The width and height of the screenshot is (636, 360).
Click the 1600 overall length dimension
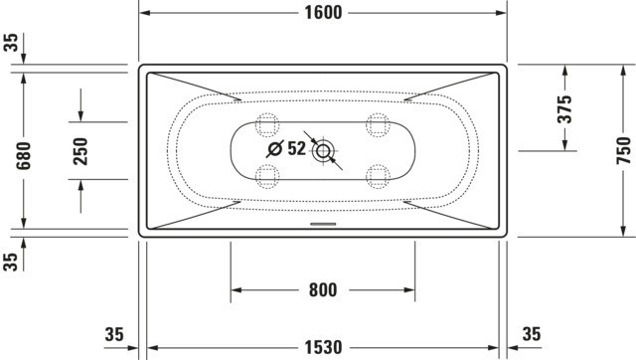323,13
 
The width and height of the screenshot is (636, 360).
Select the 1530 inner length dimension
323,347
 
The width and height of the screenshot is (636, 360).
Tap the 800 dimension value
323,289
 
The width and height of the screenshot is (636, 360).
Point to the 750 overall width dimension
624,150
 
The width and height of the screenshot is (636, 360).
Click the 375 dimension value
564,109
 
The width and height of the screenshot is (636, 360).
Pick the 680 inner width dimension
23,156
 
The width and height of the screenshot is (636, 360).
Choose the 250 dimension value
80,151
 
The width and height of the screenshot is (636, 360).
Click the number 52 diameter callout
296,148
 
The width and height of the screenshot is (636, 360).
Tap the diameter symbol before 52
275,149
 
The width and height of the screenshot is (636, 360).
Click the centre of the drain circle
323,151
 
